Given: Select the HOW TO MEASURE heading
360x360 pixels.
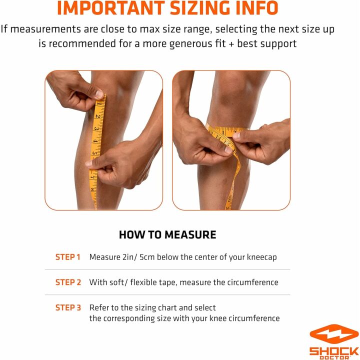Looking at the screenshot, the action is (x=167, y=234).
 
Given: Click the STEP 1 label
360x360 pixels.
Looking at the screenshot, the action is (x=68, y=257).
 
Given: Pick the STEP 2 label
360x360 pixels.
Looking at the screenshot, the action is (x=68, y=282).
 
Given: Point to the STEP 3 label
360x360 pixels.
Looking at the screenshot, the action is (x=68, y=307).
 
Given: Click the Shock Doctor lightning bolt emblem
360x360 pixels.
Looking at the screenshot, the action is (x=334, y=334).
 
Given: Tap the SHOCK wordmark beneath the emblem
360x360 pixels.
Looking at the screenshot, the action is (x=334, y=351).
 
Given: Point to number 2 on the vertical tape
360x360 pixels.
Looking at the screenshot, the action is (x=98, y=116).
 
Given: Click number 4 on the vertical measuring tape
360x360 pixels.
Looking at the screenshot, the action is (x=95, y=140).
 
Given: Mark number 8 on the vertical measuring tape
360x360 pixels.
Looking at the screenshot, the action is (x=92, y=189).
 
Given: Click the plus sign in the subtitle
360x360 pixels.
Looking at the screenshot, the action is (x=231, y=43).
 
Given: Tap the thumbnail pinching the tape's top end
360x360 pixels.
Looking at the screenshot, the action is (x=99, y=94).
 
